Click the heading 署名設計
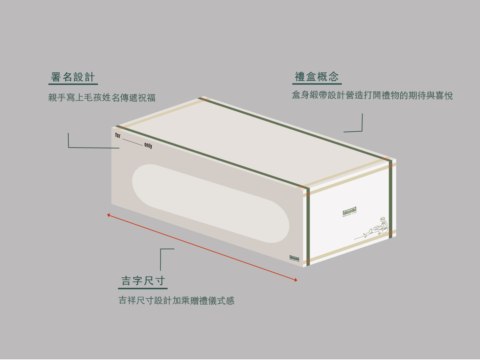(x=73, y=77)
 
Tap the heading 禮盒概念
(x=317, y=77)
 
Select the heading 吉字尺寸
(x=143, y=281)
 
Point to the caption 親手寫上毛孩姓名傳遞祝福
(x=102, y=98)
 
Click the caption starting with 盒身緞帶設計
(x=372, y=95)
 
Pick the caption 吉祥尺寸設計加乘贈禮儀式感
(x=176, y=300)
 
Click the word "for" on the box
(x=118, y=135)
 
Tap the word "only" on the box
(x=148, y=145)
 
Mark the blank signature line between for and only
(x=132, y=142)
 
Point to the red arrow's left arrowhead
(x=109, y=215)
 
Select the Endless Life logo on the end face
(x=350, y=212)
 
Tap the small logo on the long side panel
(x=294, y=258)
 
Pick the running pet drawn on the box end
(x=368, y=233)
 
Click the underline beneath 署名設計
(x=73, y=84)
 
